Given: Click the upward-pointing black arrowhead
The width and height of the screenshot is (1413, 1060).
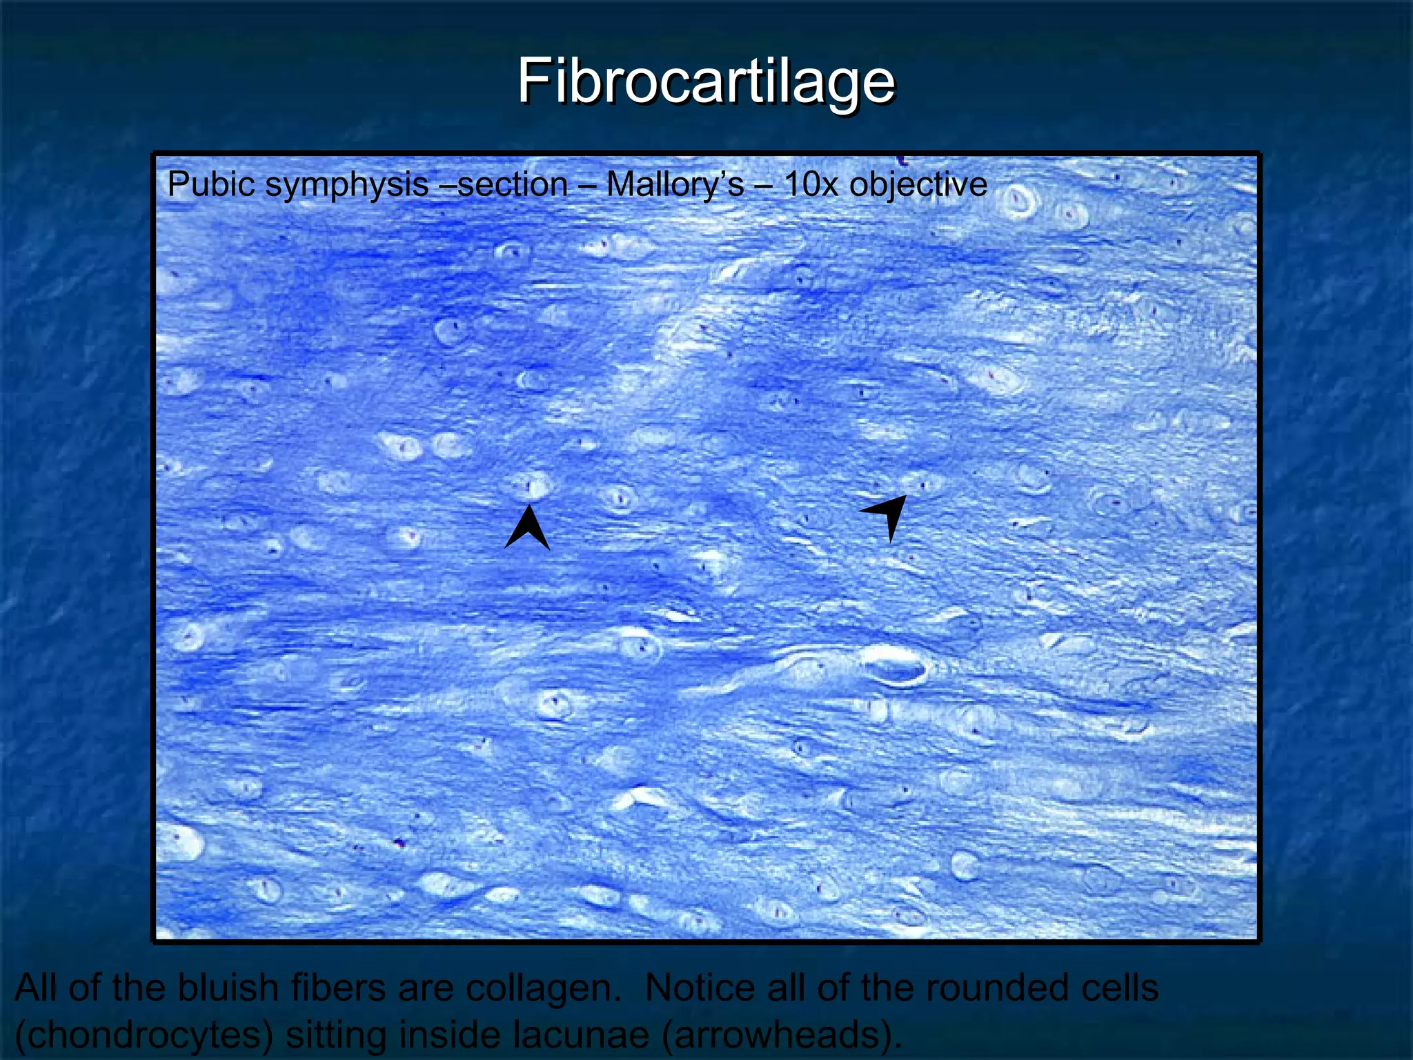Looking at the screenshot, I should (x=528, y=528).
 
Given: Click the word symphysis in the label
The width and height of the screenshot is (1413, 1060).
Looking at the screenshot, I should (x=347, y=185).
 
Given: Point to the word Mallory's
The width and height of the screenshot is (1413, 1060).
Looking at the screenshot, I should (x=675, y=185).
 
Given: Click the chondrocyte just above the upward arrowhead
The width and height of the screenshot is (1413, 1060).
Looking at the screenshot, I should (x=531, y=486).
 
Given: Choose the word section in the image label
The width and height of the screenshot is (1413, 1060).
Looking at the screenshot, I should (x=513, y=185).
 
